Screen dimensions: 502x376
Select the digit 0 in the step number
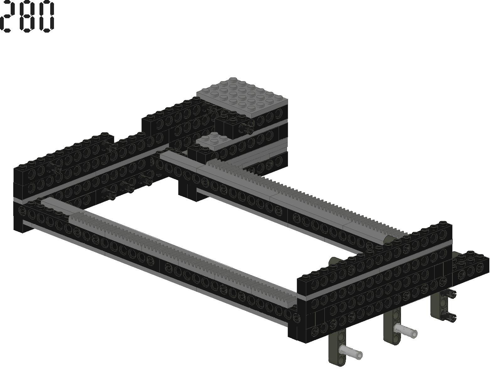(47, 16)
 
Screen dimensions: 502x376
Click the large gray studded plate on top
(242, 98)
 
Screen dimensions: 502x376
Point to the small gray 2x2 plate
(213, 141)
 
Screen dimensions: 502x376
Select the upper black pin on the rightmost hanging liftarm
(449, 294)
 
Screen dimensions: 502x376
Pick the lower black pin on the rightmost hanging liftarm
(449, 317)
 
